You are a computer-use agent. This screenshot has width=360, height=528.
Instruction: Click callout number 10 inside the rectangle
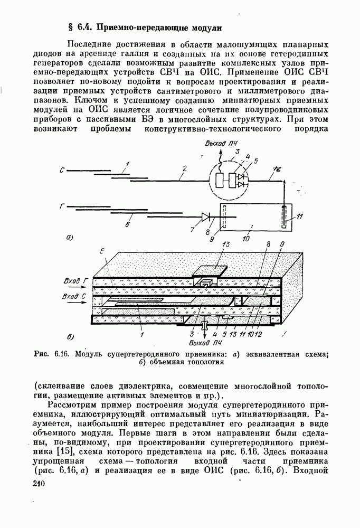click(x=246, y=239)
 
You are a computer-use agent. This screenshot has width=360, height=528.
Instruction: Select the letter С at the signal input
click(x=62, y=171)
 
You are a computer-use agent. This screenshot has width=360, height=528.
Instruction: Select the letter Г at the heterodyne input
click(x=62, y=206)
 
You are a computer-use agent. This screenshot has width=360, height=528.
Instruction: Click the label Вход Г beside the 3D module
click(x=74, y=280)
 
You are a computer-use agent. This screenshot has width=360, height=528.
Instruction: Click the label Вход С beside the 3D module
click(x=73, y=297)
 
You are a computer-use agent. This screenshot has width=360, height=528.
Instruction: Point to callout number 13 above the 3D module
click(x=225, y=244)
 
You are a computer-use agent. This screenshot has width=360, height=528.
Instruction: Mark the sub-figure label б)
click(x=70, y=336)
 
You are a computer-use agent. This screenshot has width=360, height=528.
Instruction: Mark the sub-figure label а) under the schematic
click(x=70, y=237)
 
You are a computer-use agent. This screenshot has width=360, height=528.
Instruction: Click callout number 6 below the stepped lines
click(x=127, y=224)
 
